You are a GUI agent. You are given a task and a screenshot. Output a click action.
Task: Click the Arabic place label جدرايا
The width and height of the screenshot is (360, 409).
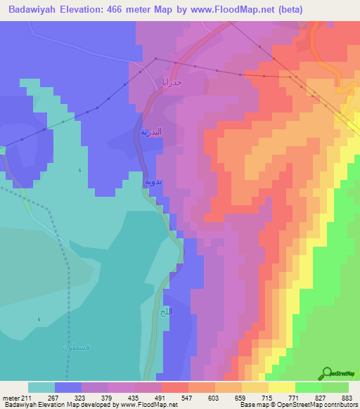(x=173, y=82)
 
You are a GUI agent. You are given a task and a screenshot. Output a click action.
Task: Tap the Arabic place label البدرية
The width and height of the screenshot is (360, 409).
(x=150, y=133)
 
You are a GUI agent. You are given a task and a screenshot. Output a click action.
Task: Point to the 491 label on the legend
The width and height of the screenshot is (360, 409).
(x=160, y=396)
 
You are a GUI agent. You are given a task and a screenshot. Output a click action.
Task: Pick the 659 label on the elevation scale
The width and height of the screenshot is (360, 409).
(x=240, y=396)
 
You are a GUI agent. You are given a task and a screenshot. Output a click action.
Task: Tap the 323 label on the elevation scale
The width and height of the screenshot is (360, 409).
(x=80, y=396)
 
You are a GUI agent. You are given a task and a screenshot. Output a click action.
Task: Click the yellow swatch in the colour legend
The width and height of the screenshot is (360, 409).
(x=281, y=387)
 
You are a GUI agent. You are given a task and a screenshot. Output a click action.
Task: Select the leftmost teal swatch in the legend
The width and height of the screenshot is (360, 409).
(x=41, y=387)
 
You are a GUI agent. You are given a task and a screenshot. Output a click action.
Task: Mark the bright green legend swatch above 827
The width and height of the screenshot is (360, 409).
(x=308, y=387)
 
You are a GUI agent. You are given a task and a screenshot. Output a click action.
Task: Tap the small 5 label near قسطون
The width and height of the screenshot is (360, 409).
(x=39, y=320)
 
